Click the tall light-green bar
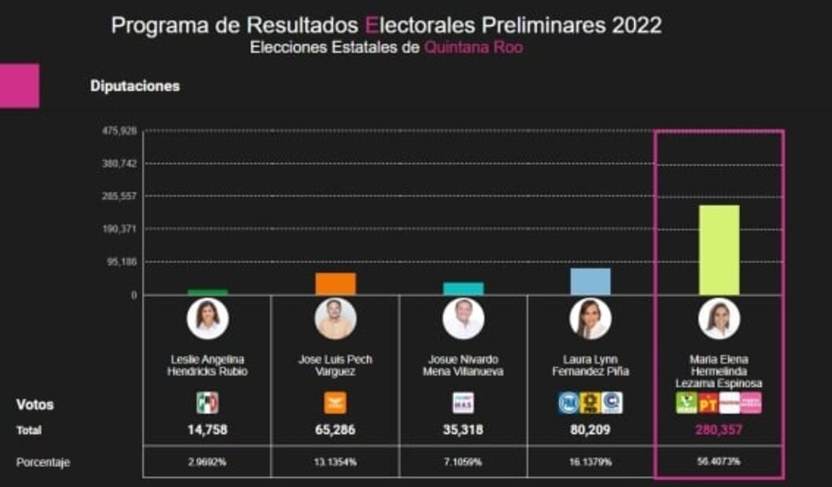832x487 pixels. click(x=719, y=250)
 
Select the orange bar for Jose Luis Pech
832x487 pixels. click(x=335, y=284)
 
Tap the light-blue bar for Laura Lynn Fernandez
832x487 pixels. click(x=590, y=281)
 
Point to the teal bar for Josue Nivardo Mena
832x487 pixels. click(x=464, y=288)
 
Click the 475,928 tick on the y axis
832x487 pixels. click(x=119, y=131)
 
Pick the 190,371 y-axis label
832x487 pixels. click(x=119, y=229)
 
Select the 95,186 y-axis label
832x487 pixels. click(x=122, y=262)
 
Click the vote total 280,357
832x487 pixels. click(x=718, y=430)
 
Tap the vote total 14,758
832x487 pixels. click(x=207, y=430)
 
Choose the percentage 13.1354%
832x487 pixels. click(x=335, y=462)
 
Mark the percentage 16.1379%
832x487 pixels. click(x=590, y=462)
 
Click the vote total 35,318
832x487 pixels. click(x=463, y=430)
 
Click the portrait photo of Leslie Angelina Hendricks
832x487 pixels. click(x=207, y=318)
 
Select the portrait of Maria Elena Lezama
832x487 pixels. click(x=718, y=318)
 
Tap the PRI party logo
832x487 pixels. click(x=207, y=403)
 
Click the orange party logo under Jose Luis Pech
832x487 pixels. click(x=335, y=403)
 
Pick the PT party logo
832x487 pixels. click(x=708, y=403)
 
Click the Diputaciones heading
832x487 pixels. click(x=134, y=86)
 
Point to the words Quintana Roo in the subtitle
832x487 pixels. click(x=473, y=47)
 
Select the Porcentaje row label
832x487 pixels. click(x=43, y=463)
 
